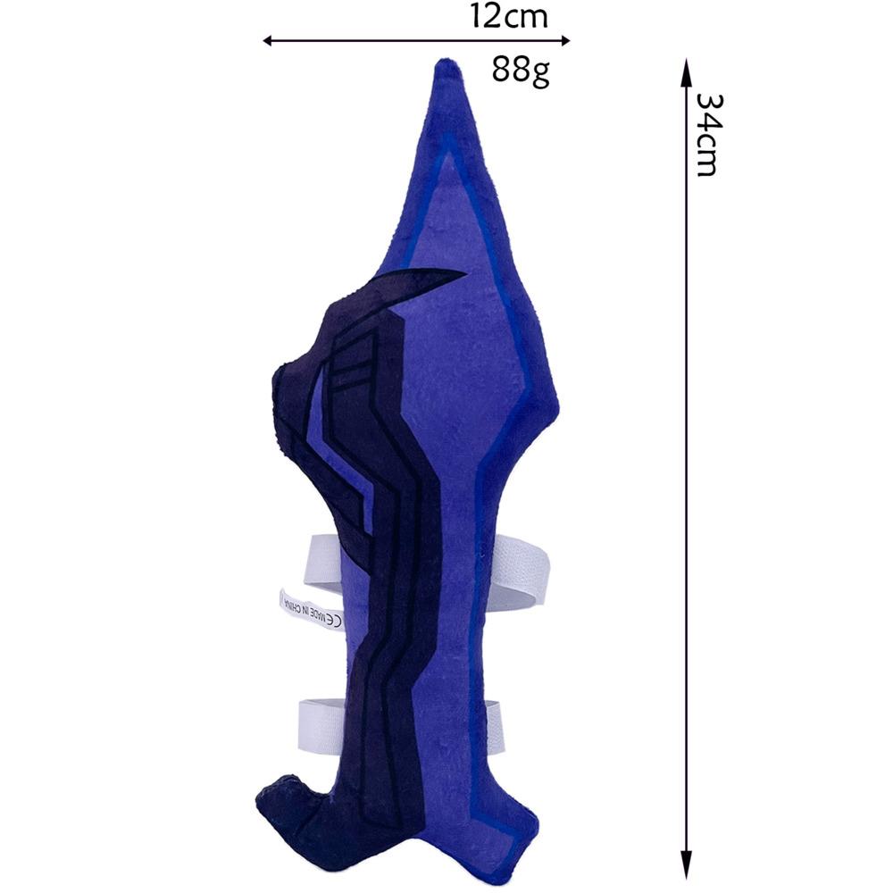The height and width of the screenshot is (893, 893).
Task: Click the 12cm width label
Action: [509, 16]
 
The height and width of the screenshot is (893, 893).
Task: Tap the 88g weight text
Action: [521, 71]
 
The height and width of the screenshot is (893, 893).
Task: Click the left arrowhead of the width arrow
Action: [268, 40]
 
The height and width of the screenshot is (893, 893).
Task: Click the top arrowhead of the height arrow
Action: [687, 67]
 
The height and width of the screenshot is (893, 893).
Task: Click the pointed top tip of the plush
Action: [448, 61]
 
